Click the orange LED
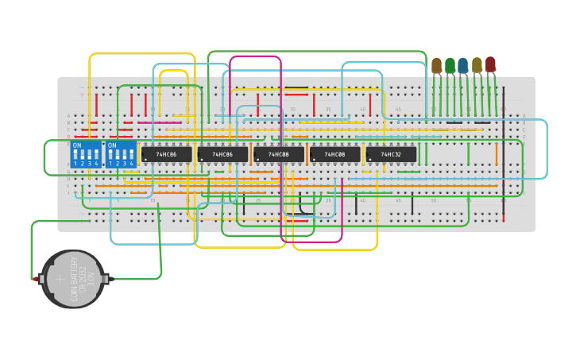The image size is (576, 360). (x=436, y=65)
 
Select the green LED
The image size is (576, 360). (x=450, y=65)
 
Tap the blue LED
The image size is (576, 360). (x=462, y=65)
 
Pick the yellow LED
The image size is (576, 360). (x=477, y=65)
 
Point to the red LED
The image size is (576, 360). (x=490, y=64)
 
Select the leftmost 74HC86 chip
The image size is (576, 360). (x=167, y=154)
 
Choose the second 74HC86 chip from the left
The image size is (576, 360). (x=222, y=154)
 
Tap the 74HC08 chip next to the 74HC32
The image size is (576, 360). (x=335, y=154)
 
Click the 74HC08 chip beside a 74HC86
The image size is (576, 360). (x=279, y=154)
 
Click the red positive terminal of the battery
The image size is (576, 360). (x=35, y=279)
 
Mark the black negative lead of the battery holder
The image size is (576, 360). (x=110, y=279)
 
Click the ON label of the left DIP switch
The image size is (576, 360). (x=77, y=145)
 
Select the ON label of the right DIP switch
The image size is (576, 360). (x=111, y=145)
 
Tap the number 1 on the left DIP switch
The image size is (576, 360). (x=75, y=163)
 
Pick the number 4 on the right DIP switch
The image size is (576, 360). (x=131, y=163)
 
